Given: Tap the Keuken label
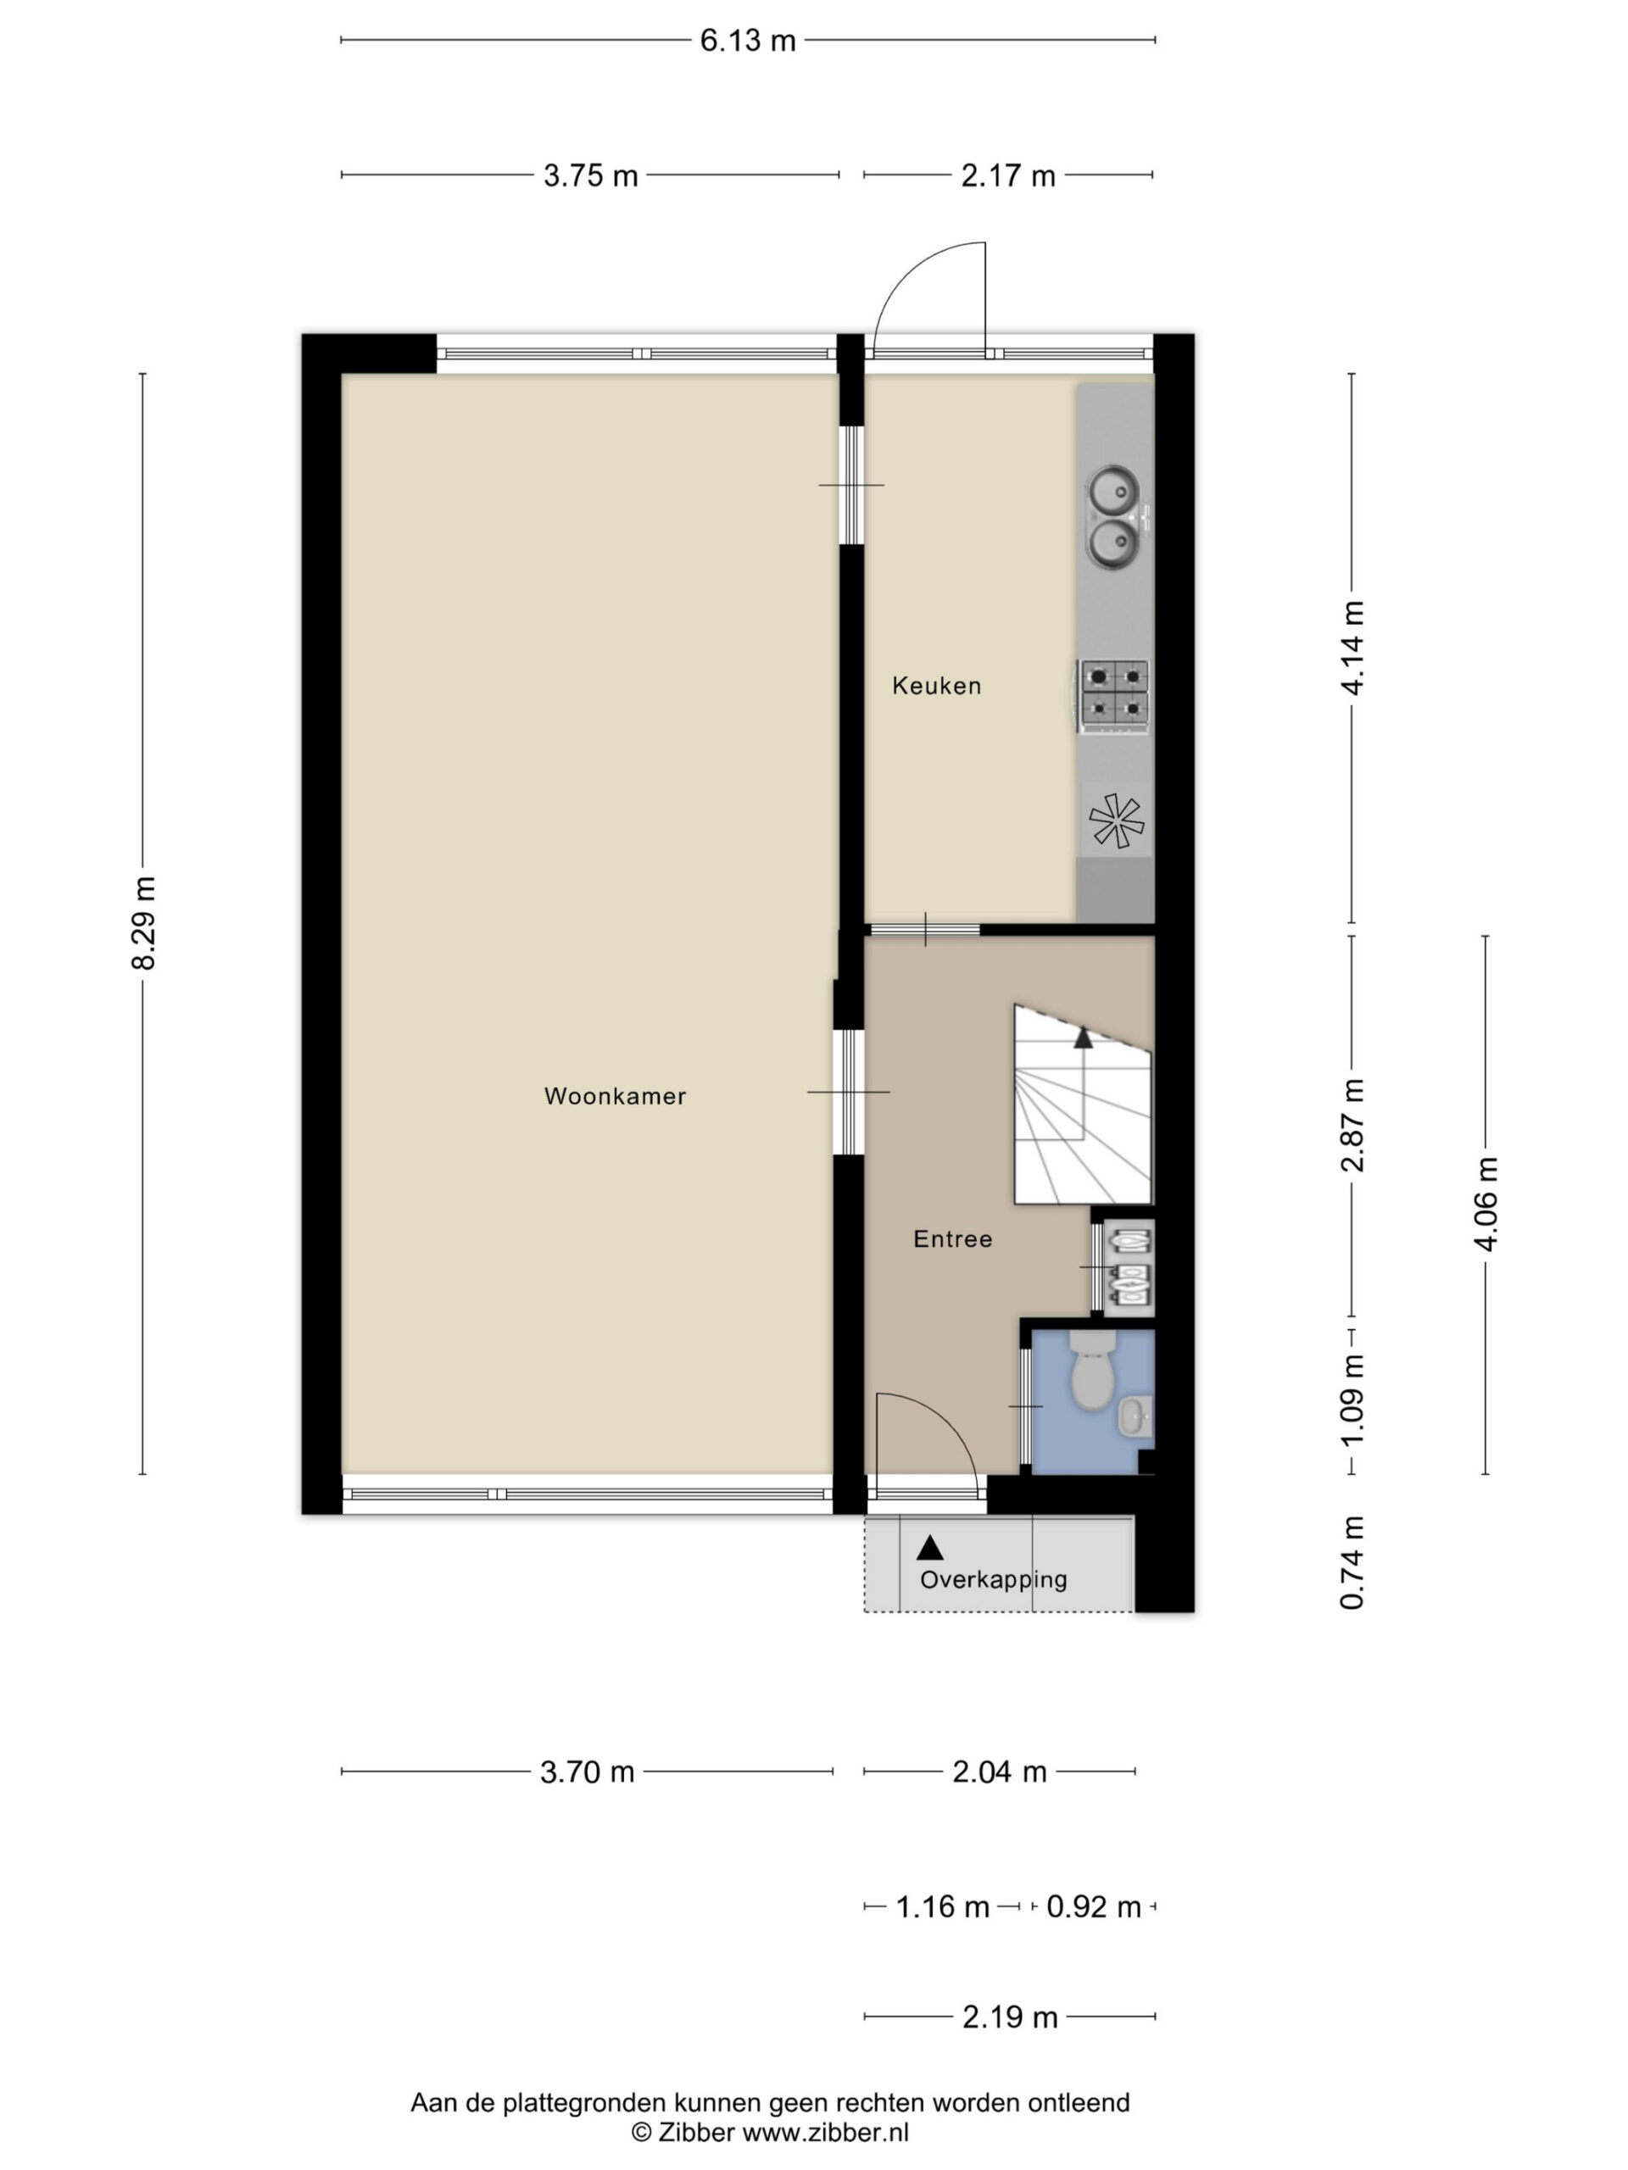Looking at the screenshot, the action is point(936,686).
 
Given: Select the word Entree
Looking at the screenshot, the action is point(952,1239).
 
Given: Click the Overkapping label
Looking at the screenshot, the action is point(993,1580).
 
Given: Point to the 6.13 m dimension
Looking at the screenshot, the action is point(748,40).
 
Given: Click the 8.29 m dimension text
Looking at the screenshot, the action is point(144,923).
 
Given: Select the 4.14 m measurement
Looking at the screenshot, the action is point(1352,648).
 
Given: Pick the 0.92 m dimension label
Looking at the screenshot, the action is point(1093,1907).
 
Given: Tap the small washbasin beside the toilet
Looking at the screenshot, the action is point(1135,1416).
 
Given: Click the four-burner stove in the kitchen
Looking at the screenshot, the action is point(1114,696).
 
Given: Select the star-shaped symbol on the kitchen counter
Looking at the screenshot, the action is point(1117,821).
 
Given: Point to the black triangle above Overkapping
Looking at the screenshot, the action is point(929,1547).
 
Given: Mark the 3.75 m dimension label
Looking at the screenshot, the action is point(591,175).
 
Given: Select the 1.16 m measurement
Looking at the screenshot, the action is point(942,1907).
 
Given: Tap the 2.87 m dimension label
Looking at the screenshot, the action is point(1352,1124).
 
